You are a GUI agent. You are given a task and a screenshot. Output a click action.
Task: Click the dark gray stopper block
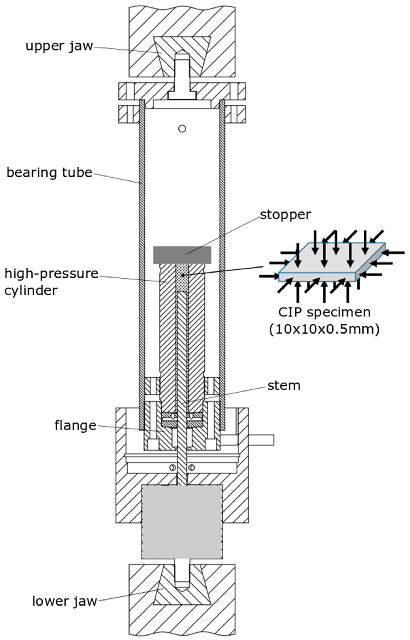tap(182, 255)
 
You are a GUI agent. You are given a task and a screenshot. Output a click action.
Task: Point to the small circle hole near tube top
tap(182, 129)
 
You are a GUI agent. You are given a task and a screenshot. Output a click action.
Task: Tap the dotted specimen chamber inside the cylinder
tap(182, 278)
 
